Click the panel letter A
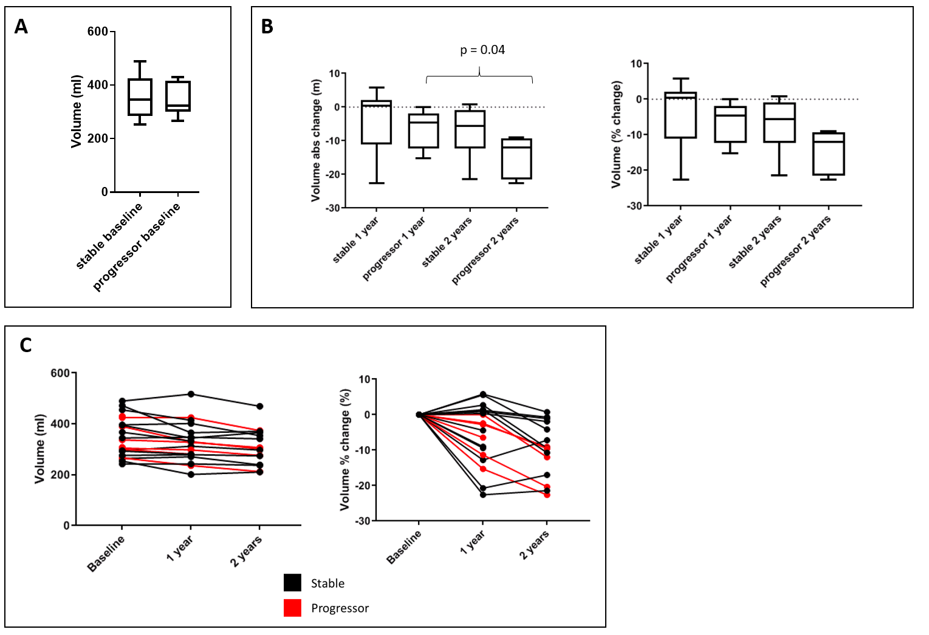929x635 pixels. point(21,27)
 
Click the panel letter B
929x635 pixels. point(267,27)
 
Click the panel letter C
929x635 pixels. point(26,345)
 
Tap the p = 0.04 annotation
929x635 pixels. point(482,50)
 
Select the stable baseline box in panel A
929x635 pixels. point(140,97)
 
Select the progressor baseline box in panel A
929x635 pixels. point(178,96)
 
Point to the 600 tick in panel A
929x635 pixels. point(98,32)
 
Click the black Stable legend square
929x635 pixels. point(292,583)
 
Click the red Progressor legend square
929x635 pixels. point(292,608)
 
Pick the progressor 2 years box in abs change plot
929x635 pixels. point(516,158)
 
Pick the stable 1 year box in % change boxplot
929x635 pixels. point(680,115)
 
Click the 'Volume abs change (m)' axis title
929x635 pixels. point(316,140)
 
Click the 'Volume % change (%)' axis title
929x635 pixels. point(345,449)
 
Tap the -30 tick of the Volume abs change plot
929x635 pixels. point(333,208)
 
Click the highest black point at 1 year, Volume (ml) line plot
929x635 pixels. point(191,394)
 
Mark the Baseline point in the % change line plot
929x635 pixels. point(419,415)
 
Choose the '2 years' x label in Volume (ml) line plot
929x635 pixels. point(246,551)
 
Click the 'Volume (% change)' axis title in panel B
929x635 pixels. point(617,134)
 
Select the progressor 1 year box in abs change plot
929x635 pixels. point(423,131)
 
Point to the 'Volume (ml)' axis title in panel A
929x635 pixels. point(77,112)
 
